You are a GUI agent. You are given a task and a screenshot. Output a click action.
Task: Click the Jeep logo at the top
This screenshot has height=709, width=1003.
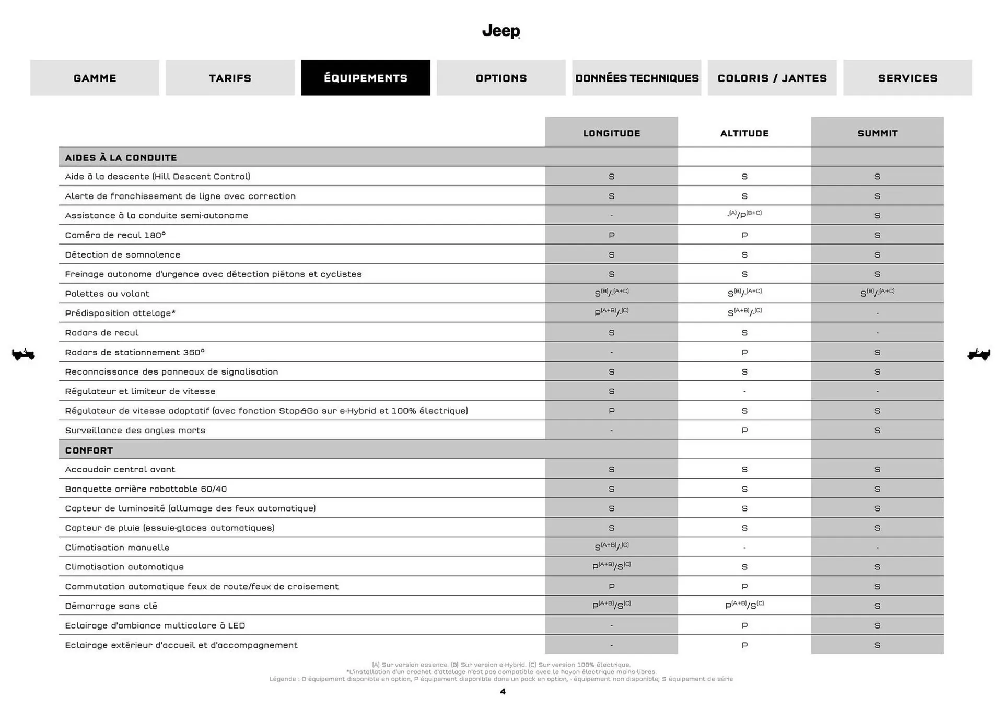[x=501, y=31]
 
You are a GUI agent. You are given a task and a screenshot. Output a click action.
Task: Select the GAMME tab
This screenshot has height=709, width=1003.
[x=95, y=78]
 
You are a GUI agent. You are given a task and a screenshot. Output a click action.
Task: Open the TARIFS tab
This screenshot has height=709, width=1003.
[x=230, y=78]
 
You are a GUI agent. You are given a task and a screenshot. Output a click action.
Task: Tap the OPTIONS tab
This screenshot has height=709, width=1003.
[x=501, y=78]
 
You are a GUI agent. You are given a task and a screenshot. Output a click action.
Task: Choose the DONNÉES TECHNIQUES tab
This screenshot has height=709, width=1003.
[x=636, y=78]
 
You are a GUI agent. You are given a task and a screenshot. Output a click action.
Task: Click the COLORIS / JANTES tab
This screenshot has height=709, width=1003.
[x=772, y=78]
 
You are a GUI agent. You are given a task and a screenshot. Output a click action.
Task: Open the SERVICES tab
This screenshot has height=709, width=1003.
[x=907, y=78]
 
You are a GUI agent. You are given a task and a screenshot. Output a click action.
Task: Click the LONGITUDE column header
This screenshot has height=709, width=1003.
[x=611, y=133]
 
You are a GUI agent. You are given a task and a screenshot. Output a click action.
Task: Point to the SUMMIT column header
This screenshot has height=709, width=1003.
[x=877, y=133]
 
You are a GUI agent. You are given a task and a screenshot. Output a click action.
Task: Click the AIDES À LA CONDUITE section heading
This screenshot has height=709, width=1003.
[x=121, y=158]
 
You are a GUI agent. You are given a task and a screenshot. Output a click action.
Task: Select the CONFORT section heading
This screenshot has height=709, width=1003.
[x=89, y=450]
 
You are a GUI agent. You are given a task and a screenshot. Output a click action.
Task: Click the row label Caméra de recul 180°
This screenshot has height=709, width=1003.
[x=115, y=235]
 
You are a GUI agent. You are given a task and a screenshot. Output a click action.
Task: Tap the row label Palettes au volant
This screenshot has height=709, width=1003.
[x=107, y=294]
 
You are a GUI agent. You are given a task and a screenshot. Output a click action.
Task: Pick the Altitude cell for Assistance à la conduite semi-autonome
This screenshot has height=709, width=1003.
[x=744, y=215]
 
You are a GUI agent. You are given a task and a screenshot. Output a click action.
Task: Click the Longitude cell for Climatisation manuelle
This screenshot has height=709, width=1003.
[x=611, y=547]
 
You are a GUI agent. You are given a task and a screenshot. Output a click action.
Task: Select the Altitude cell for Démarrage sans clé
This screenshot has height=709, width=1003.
[x=744, y=605]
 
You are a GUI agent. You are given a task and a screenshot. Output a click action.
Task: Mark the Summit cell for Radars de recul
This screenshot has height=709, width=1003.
[x=877, y=333]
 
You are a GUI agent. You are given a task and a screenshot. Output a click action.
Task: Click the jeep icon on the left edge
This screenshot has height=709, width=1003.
[x=24, y=354]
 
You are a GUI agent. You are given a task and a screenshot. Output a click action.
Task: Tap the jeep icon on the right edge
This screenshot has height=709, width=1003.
[x=978, y=354]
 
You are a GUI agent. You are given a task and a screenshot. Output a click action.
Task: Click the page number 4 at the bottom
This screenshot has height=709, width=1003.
[x=503, y=692]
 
